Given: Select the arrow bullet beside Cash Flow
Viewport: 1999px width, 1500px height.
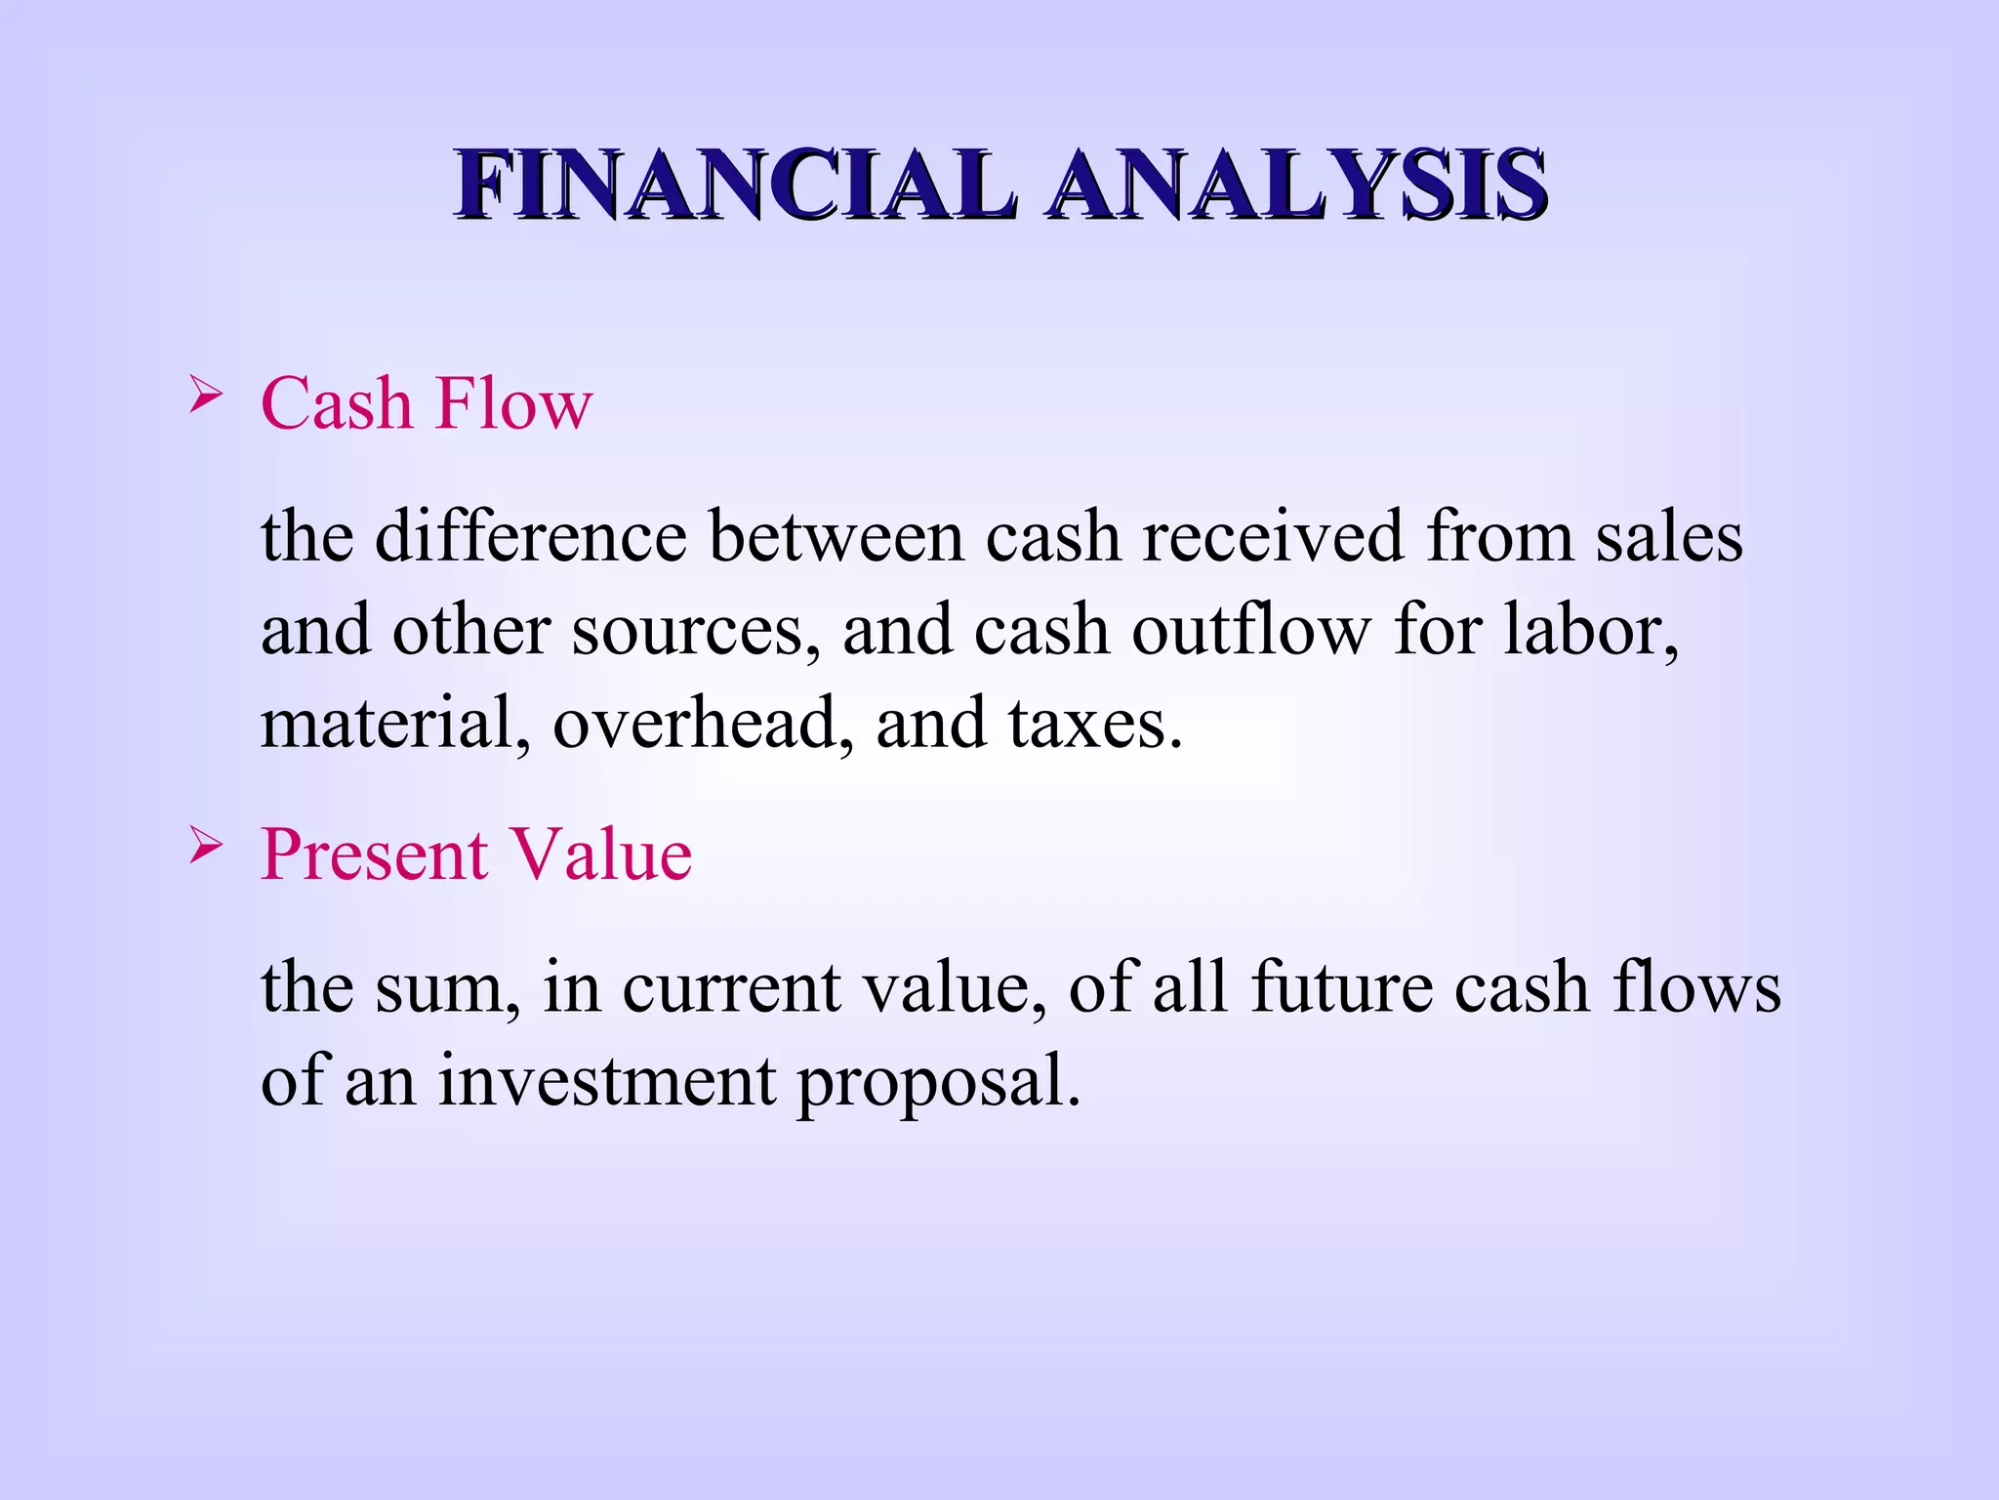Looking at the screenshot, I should point(206,396).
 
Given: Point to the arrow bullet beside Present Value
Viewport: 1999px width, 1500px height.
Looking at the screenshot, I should point(206,846).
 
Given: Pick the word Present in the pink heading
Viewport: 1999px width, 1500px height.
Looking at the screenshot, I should point(374,855).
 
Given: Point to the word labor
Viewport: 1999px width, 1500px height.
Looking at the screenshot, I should point(1590,630).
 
